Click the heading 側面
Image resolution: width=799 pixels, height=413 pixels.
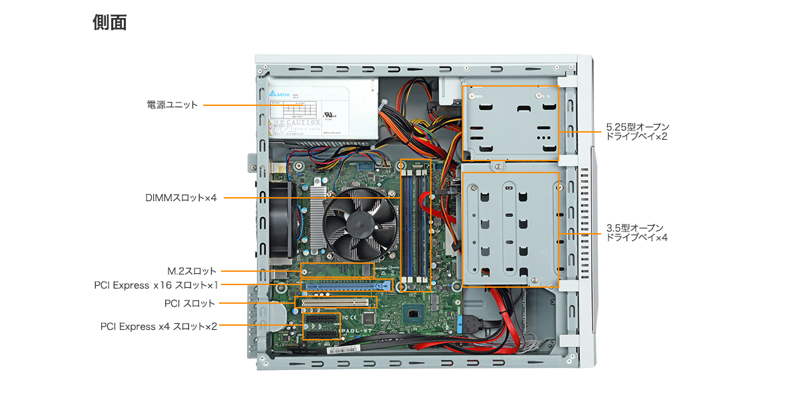point(109,23)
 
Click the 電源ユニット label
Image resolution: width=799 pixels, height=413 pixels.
point(172,105)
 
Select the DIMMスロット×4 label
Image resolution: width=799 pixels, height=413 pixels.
point(181,198)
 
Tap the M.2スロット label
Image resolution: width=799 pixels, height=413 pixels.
point(192,271)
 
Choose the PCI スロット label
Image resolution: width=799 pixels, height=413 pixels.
point(190,303)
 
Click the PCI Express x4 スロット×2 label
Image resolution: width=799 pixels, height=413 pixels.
point(158,326)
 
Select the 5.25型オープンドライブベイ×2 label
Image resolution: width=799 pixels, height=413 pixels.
point(637,131)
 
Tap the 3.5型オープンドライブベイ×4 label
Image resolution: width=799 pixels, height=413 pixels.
point(637,232)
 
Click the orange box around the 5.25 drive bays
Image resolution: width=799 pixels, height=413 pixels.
point(511,86)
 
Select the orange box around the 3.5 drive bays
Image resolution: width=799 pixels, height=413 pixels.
point(511,173)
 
